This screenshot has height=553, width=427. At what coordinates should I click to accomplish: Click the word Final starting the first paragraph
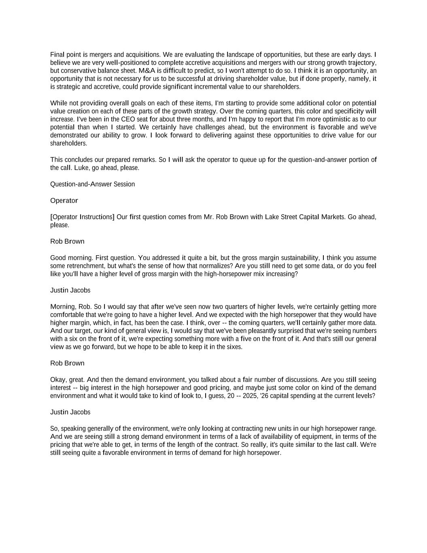pyautogui.click(x=57, y=55)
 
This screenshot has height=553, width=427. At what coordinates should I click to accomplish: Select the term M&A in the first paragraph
pyautogui.click(x=147, y=71)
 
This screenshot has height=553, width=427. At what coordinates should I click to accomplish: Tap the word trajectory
pyautogui.click(x=362, y=63)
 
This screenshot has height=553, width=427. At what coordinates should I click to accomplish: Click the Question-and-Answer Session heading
pyautogui.click(x=92, y=184)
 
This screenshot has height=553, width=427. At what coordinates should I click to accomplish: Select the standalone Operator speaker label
pyautogui.click(x=64, y=201)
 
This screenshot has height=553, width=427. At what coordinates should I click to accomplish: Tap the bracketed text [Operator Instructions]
pyautogui.click(x=82, y=217)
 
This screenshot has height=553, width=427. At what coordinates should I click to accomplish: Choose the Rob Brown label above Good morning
pyautogui.click(x=67, y=241)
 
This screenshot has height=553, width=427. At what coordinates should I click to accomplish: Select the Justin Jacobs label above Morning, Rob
pyautogui.click(x=70, y=290)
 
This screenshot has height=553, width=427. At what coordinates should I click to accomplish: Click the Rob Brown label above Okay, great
pyautogui.click(x=67, y=363)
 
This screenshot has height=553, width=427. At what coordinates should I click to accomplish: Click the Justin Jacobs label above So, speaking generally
pyautogui.click(x=70, y=412)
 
